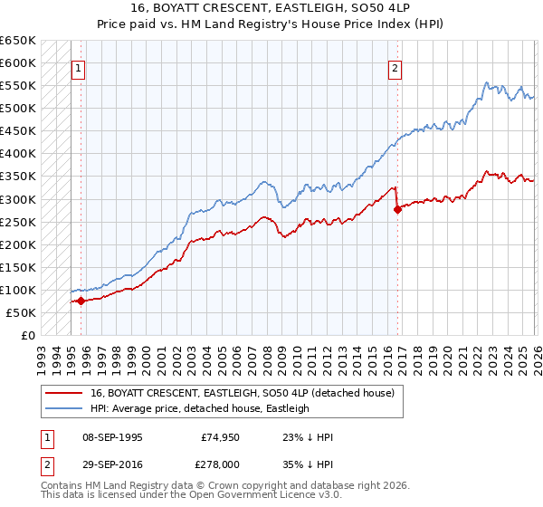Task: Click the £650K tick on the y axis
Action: pyautogui.click(x=18, y=41)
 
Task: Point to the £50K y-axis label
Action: pyautogui.click(x=21, y=312)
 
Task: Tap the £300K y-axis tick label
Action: pyautogui.click(x=18, y=199)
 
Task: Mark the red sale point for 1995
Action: pyautogui.click(x=81, y=301)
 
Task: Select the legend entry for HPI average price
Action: pyautogui.click(x=199, y=408)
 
